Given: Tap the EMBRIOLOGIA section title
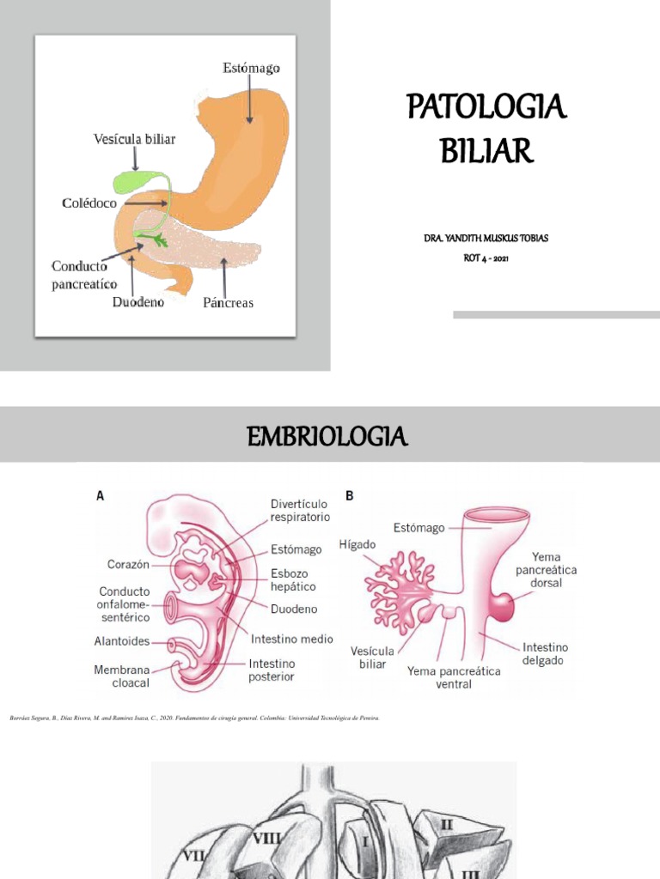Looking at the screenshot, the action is pos(327,437).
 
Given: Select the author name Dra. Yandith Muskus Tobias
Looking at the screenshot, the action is pos(486,238).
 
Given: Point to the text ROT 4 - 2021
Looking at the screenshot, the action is pos(486,258).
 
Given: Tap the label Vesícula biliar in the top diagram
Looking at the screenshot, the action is pos(134,138).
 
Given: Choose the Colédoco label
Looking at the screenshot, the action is pos(89,203).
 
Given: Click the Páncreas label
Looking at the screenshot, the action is pos(228,303).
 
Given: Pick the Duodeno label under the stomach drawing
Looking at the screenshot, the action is pos(138,302).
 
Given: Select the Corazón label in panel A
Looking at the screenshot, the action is pos(128,564).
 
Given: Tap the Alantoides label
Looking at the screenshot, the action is pos(122,641).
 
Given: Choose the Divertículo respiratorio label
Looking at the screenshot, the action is pos(300,511).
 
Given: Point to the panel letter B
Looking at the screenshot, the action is pos(350,495).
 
